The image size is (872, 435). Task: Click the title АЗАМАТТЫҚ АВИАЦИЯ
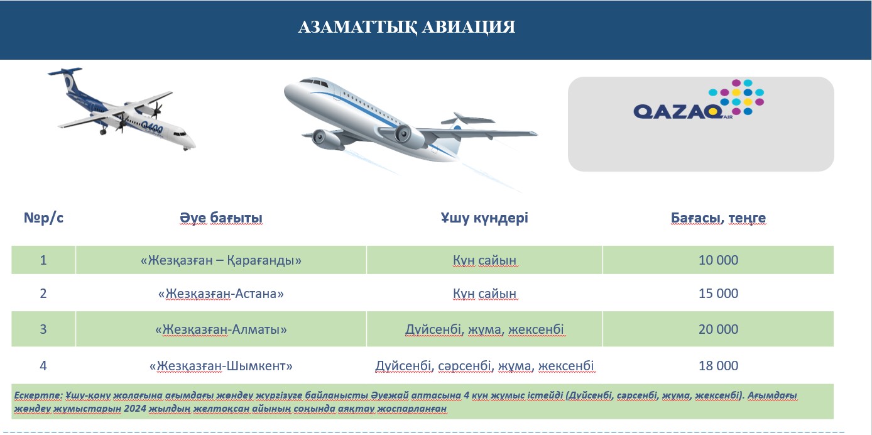point(406,27)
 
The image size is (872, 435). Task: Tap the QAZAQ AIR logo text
point(678,112)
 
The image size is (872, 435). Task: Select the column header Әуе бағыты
point(221,217)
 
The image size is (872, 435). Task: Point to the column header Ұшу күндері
point(484,217)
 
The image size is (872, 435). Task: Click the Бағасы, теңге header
point(718,218)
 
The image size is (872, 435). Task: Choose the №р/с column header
point(43,217)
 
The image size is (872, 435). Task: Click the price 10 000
point(718,260)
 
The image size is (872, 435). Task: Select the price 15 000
point(718,293)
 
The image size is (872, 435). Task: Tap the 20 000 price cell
point(718,329)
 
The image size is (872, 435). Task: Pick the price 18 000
point(718,366)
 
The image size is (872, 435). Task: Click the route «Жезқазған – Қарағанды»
point(221,260)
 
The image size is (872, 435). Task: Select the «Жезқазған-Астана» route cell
point(221,294)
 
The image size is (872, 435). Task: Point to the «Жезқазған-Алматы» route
point(221,330)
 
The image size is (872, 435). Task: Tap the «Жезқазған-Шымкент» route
point(221,366)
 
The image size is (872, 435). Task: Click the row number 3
point(43,329)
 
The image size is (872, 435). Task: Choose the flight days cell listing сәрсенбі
point(484,366)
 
